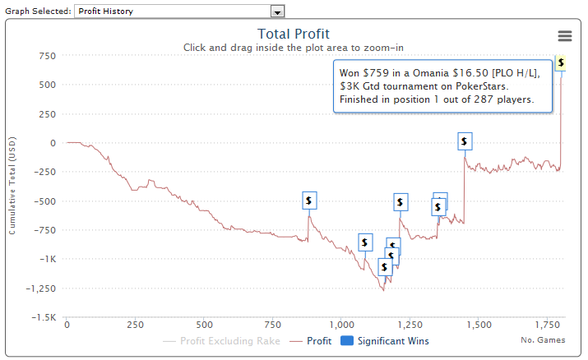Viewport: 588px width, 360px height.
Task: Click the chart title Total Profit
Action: point(294,34)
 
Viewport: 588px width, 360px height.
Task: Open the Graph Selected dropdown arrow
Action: point(278,12)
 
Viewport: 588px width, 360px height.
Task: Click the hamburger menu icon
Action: point(565,36)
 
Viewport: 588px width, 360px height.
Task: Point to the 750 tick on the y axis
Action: point(47,56)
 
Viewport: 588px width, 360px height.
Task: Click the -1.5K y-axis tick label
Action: point(44,318)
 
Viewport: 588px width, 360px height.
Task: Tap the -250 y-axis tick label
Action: point(44,172)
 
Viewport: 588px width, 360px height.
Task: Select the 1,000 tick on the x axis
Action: point(341,325)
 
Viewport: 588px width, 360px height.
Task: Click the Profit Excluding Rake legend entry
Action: point(229,341)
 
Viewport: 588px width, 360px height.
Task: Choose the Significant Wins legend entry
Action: point(391,341)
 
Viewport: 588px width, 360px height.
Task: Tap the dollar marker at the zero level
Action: point(465,141)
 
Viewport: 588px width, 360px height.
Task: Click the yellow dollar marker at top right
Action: point(561,62)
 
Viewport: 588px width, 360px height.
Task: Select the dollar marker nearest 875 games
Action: point(308,200)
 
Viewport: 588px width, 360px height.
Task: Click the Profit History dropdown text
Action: point(112,12)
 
